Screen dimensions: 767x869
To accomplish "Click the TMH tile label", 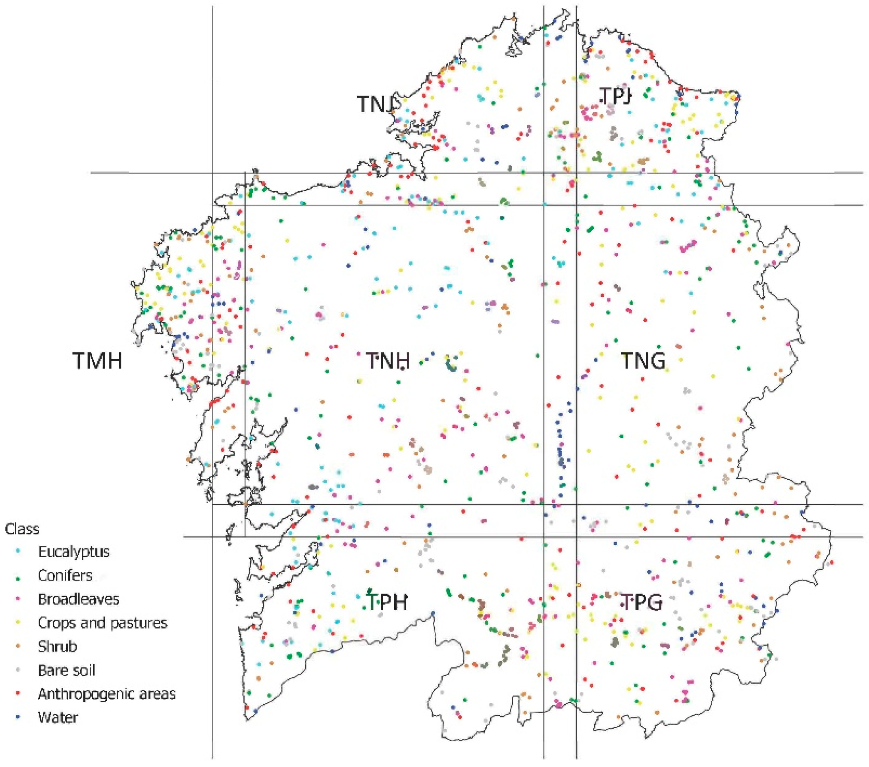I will click(x=98, y=361).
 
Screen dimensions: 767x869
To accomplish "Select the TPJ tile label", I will click(x=615, y=96).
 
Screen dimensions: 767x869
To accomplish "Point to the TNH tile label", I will click(x=388, y=361).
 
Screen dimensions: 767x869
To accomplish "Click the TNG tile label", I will click(x=643, y=361).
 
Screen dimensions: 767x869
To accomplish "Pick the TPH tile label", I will click(x=387, y=602).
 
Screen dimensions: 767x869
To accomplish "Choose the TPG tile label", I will click(x=642, y=602).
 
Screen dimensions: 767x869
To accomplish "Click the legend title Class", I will click(x=22, y=529).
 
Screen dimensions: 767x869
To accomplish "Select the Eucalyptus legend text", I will click(x=73, y=552).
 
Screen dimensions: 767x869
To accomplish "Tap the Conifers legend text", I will click(x=65, y=575).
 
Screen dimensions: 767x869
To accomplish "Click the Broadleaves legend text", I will click(x=79, y=599).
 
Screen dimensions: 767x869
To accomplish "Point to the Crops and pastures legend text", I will click(x=102, y=623).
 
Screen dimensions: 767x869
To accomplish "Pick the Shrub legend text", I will click(x=58, y=646).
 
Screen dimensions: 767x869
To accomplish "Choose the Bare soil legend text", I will click(x=67, y=670).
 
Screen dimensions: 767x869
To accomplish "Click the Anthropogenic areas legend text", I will click(x=107, y=694).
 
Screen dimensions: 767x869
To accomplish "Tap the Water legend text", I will click(x=58, y=717).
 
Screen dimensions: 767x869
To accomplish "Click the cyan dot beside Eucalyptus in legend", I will click(x=17, y=552).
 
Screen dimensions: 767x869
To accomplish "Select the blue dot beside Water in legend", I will click(x=17, y=717).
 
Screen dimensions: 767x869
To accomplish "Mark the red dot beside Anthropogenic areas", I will click(x=17, y=694).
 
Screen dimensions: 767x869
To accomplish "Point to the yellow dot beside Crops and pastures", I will click(x=17, y=623).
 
